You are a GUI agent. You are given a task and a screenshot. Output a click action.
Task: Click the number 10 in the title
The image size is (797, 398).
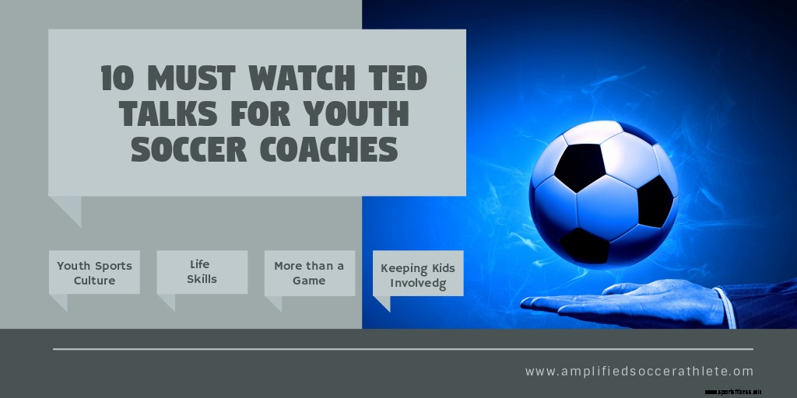coord(117,79)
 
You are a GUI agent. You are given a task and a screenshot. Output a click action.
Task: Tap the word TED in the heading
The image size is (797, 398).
coord(396,79)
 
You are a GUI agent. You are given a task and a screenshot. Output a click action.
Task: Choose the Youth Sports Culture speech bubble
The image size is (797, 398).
coord(94,273)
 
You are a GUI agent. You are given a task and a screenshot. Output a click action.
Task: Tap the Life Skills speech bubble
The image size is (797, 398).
coord(202,272)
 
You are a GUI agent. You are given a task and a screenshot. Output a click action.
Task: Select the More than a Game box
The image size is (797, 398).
coord(309,273)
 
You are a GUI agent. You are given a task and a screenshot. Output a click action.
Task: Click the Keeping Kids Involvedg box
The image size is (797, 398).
coord(418,274)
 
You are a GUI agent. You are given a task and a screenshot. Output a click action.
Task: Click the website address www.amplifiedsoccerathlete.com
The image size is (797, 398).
coord(639,372)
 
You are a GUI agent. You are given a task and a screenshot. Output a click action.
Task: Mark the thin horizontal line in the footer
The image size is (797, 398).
coord(402,349)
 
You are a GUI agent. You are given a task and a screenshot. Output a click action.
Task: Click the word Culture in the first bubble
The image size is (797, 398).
coord(94,281)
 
